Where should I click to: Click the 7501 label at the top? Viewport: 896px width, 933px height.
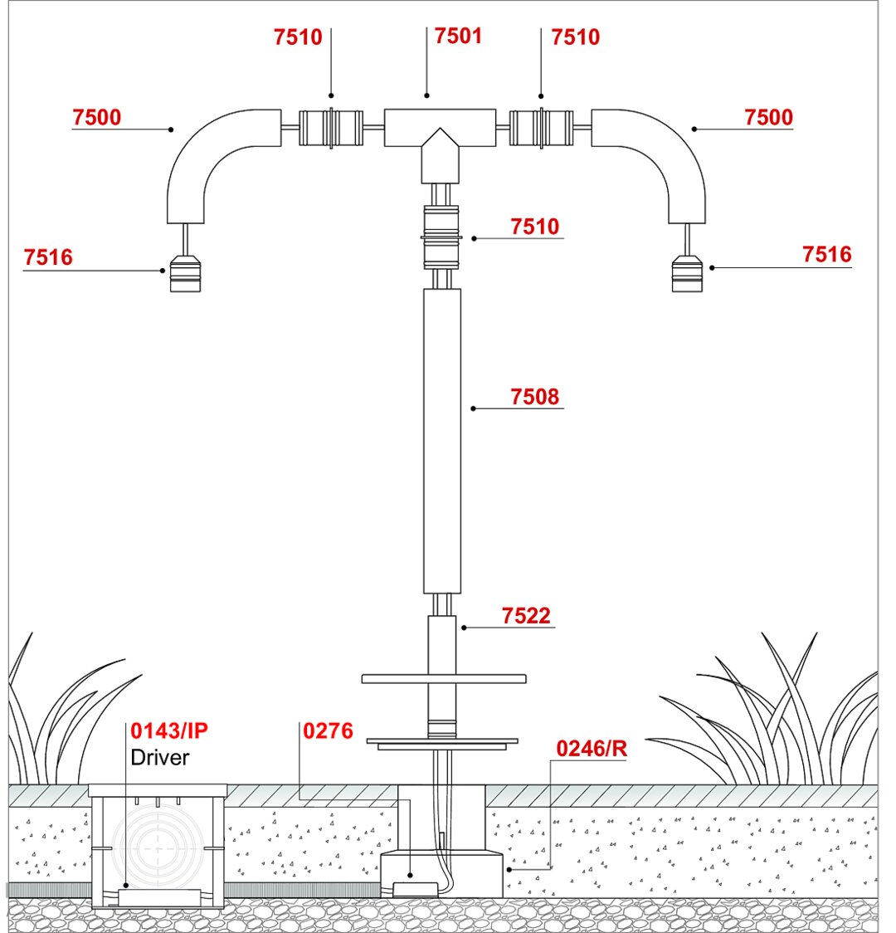click(458, 37)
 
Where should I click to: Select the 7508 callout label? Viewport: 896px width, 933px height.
click(535, 397)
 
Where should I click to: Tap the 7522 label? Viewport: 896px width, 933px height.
click(526, 616)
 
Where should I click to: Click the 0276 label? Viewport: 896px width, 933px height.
click(329, 731)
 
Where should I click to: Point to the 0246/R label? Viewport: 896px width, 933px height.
click(592, 749)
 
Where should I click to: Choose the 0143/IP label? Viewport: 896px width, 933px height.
click(169, 731)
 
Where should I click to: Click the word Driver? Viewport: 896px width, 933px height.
click(160, 757)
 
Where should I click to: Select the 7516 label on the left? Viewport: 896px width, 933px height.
click(48, 257)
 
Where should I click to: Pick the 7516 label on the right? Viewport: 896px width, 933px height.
click(826, 254)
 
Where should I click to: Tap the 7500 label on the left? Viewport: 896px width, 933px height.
click(96, 117)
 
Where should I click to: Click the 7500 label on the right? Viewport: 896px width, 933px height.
click(768, 117)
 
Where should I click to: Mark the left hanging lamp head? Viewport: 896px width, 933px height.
click(184, 274)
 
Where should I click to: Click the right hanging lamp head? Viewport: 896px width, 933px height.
click(687, 274)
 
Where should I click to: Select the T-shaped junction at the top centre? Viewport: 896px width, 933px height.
click(440, 133)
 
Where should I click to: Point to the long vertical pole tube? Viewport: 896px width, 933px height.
click(441, 440)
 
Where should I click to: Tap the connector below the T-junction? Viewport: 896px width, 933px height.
click(441, 237)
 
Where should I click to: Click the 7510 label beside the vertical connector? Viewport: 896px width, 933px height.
click(535, 227)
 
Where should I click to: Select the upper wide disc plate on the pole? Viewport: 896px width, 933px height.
click(444, 679)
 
